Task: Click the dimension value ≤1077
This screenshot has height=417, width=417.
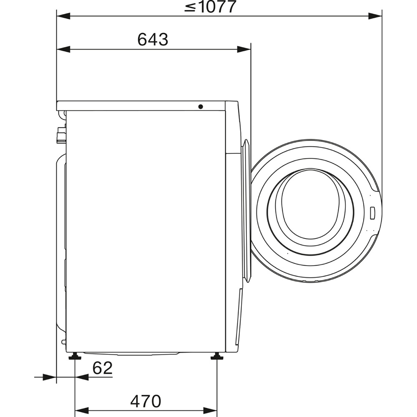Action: point(210,7)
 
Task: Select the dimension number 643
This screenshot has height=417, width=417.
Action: point(153,40)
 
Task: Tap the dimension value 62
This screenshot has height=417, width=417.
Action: point(103,368)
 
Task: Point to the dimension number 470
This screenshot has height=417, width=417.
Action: point(145,401)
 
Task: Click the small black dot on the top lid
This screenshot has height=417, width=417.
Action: point(201,107)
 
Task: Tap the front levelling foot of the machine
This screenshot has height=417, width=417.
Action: point(217,356)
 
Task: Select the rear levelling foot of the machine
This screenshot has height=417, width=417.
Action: point(75,356)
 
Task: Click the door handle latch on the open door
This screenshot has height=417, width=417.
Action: point(372,211)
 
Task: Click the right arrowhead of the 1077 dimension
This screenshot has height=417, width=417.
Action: point(376,16)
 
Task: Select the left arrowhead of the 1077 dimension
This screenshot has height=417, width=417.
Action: point(63,16)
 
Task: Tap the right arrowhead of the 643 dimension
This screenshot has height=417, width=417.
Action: point(244,49)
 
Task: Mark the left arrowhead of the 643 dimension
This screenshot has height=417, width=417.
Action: point(63,49)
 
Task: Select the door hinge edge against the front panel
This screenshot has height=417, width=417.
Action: point(246,211)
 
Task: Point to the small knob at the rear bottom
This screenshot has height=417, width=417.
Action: point(63,342)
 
